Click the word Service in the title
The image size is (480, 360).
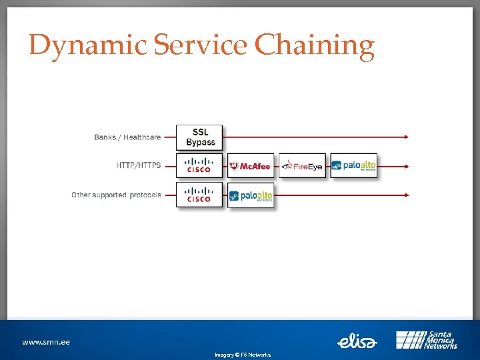[x=201, y=45]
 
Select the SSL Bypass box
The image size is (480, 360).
[x=199, y=137]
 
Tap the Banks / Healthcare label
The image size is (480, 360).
[x=127, y=137]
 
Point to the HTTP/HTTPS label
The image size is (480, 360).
[x=139, y=165]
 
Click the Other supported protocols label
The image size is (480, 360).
[x=117, y=195]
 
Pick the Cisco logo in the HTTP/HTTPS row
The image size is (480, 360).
[x=199, y=165]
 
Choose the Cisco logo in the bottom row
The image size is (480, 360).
[x=199, y=195]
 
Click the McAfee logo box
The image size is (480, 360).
[x=250, y=166]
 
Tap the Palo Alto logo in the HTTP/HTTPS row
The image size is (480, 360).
[x=353, y=166]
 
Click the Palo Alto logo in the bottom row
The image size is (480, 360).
[x=250, y=195]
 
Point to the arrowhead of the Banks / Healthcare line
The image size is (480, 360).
[x=405, y=137]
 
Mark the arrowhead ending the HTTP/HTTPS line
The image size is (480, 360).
[x=405, y=166]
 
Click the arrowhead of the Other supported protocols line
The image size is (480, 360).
[x=405, y=195]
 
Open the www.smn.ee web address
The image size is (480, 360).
[x=46, y=342]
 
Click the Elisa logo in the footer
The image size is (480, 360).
[x=357, y=341]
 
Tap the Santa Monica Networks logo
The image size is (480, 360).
[x=427, y=340]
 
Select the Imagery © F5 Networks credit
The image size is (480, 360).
[x=243, y=355]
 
